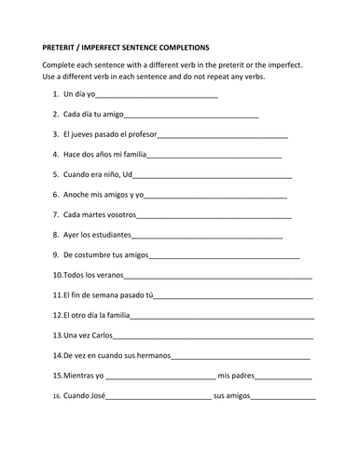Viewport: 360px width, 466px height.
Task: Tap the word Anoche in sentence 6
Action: (x=76, y=195)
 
